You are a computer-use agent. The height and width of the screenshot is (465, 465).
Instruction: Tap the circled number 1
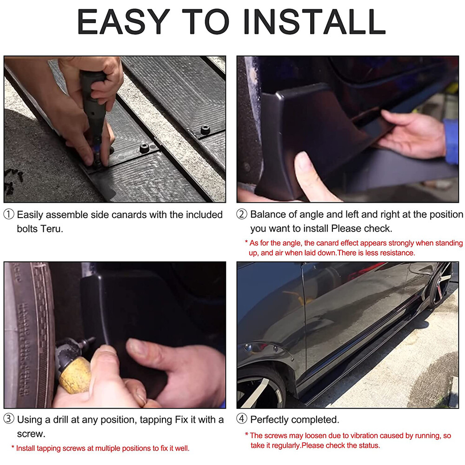(x=8, y=214)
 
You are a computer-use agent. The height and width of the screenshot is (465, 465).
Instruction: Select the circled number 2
(x=242, y=214)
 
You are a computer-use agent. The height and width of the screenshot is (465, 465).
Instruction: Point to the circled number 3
(x=8, y=419)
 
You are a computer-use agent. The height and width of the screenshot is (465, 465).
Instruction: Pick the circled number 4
(x=242, y=419)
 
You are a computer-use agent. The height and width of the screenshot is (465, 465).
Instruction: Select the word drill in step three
(x=61, y=419)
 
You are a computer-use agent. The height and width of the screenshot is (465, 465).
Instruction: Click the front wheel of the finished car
(x=260, y=388)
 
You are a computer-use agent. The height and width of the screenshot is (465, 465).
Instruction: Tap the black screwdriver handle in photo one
(x=94, y=104)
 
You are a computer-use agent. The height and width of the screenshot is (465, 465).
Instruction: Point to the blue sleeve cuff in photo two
(x=452, y=141)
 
